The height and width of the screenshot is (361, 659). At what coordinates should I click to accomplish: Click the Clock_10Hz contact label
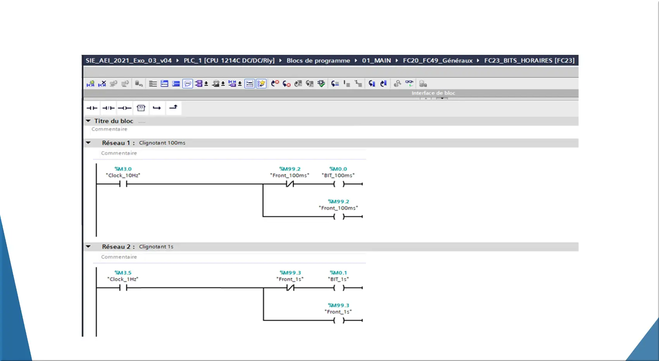123,175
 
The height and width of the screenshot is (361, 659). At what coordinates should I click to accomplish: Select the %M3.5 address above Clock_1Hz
123,273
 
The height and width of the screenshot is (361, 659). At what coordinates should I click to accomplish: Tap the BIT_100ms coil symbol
339,184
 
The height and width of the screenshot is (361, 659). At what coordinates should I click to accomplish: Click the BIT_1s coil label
338,279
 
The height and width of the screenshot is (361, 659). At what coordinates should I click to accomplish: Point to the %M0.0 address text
338,169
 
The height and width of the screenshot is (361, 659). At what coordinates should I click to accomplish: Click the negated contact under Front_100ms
290,184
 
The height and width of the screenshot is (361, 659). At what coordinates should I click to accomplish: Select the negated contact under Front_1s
290,287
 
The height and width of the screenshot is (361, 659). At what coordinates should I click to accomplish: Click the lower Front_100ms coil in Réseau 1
339,217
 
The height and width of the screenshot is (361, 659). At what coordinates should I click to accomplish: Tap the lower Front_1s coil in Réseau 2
339,320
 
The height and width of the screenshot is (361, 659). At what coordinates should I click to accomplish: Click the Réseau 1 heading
118,143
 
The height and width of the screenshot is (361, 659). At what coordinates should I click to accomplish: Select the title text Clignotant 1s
156,247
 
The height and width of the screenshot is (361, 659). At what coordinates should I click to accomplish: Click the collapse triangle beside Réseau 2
88,246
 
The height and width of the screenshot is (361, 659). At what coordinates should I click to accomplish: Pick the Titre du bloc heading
114,121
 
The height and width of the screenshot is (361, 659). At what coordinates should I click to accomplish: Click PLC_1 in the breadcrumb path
193,60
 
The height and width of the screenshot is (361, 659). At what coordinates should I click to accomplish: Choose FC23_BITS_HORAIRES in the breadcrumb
518,60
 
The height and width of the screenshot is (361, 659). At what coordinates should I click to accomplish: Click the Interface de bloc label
433,93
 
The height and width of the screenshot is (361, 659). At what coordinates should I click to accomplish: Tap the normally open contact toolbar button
92,108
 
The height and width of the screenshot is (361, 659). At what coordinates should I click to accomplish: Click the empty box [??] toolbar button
141,108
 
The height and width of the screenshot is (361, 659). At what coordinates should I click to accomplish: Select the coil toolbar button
124,108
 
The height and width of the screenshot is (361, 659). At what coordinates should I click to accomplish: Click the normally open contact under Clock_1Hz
123,287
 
